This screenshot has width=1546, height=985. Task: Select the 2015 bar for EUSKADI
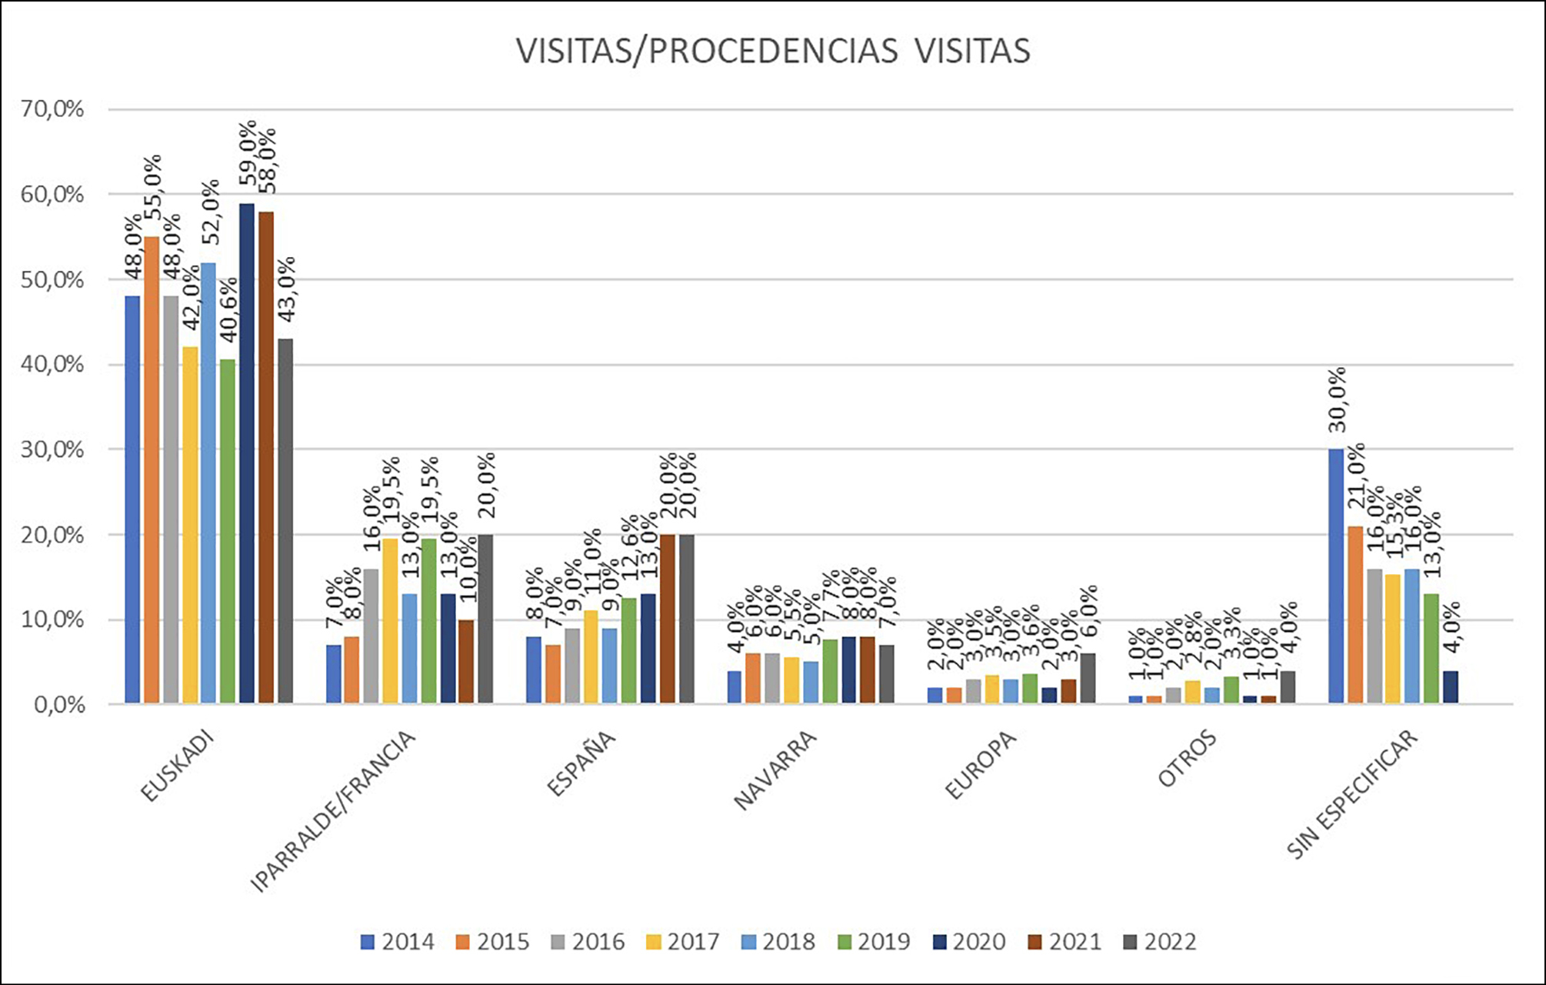pyautogui.click(x=152, y=469)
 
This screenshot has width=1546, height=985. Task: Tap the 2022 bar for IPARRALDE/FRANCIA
pyautogui.click(x=485, y=619)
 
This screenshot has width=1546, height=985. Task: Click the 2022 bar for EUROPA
pyautogui.click(x=1088, y=678)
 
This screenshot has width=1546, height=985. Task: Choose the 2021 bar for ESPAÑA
pyautogui.click(x=668, y=619)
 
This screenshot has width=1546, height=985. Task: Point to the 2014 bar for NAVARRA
pyautogui.click(x=735, y=686)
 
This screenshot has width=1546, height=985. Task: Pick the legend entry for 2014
pyautogui.click(x=398, y=942)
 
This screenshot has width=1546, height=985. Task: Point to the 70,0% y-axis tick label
pyautogui.click(x=52, y=109)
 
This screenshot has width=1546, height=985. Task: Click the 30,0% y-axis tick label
pyautogui.click(x=52, y=449)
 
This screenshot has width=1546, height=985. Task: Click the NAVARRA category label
pyautogui.click(x=775, y=770)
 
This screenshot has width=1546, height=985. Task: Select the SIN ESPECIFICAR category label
pyautogui.click(x=1351, y=793)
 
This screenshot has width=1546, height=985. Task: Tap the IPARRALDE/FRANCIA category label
pyautogui.click(x=333, y=811)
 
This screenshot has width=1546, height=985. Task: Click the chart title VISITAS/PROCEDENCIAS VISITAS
pyautogui.click(x=772, y=51)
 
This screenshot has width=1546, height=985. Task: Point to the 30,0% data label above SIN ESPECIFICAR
pyautogui.click(x=1338, y=399)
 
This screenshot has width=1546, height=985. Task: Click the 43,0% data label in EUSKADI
pyautogui.click(x=286, y=290)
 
